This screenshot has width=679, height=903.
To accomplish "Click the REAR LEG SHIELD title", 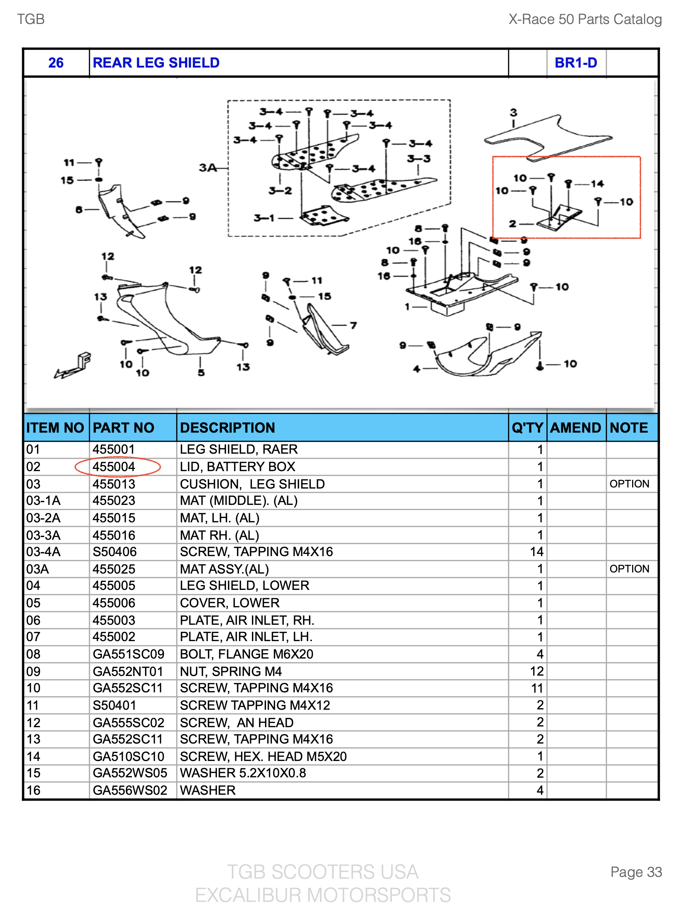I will click(x=156, y=62).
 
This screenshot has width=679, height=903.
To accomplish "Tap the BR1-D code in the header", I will click(x=576, y=62).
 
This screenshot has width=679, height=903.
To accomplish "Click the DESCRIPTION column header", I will click(x=228, y=428).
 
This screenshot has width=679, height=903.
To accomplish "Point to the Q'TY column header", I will click(x=527, y=428).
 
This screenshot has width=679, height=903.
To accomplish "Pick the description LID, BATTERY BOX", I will click(x=237, y=467).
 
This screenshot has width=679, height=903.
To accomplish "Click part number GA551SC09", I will click(x=128, y=654).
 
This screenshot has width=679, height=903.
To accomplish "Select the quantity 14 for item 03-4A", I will click(x=537, y=551).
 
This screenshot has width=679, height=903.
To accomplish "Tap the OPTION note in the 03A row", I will click(x=629, y=569).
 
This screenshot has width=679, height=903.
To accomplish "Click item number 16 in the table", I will click(x=33, y=790).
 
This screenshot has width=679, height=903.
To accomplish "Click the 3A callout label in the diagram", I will click(x=208, y=167).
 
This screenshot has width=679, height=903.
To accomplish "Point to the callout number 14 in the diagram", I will click(x=597, y=184).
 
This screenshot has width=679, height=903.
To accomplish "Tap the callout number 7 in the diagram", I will click(x=353, y=325).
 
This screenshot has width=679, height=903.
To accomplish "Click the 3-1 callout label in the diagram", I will click(x=264, y=218).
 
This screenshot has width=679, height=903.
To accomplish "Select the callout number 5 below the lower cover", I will click(x=201, y=372).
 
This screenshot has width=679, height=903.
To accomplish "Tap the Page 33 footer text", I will click(x=636, y=871).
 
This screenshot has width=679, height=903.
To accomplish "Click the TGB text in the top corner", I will click(x=31, y=19).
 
